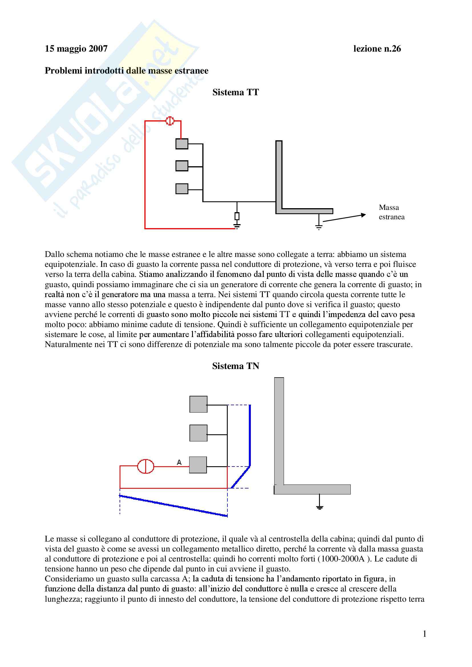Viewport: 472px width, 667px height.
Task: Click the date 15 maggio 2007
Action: [x=76, y=48]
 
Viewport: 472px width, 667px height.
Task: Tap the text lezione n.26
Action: [x=377, y=48]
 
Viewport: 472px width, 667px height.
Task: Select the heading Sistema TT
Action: [x=235, y=92]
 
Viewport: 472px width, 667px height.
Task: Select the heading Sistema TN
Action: [x=235, y=366]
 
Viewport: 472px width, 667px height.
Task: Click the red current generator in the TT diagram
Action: [x=170, y=121]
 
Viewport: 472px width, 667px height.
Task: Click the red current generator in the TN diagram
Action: [x=145, y=466]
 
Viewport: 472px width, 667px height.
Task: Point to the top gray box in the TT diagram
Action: [x=182, y=144]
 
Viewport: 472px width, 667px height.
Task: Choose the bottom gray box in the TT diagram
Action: [x=182, y=189]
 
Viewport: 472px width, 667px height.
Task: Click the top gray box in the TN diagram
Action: [x=199, y=404]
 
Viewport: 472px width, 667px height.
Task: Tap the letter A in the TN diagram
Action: [x=179, y=462]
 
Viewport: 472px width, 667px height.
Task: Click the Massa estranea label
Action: [x=392, y=212]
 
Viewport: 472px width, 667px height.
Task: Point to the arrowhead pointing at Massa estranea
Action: [x=364, y=215]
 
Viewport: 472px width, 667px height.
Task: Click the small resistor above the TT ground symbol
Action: [x=237, y=216]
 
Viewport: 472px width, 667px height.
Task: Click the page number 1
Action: [x=425, y=634]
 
